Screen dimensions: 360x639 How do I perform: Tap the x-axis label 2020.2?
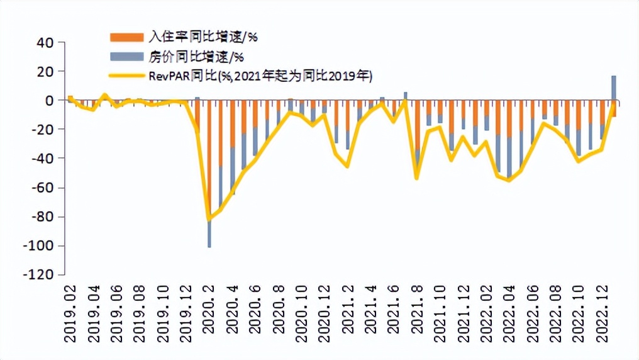pos(210,315)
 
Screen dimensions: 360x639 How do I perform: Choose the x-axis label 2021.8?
pos(417,315)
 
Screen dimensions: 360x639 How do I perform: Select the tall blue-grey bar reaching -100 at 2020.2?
pos(209,233)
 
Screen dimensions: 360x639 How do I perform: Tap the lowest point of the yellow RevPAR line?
pos(209,219)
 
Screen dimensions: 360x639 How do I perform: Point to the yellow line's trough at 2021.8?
pos(416,178)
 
